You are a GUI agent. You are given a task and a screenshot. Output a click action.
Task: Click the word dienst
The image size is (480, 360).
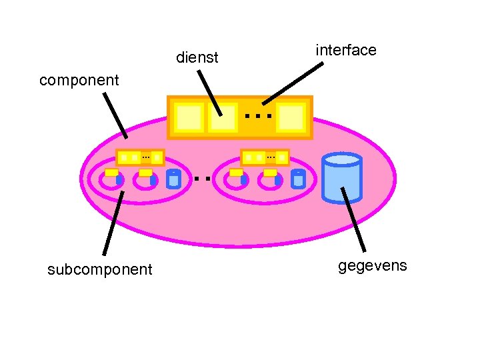[x=197, y=58]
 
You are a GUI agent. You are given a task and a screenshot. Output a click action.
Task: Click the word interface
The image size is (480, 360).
[x=345, y=50]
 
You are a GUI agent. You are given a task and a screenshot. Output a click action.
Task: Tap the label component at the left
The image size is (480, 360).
[x=79, y=81]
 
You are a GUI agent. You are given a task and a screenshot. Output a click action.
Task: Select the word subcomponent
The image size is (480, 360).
[x=100, y=269]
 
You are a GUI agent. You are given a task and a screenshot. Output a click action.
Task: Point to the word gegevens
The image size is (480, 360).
[x=372, y=266]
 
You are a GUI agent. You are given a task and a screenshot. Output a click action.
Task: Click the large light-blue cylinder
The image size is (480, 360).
[x=341, y=177]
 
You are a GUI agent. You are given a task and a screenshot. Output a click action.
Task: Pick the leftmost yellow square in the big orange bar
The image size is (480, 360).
[x=189, y=118]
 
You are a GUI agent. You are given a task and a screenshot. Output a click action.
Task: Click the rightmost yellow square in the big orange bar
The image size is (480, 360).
[x=291, y=118]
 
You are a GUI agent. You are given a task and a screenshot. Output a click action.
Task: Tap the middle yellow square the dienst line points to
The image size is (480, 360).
[x=223, y=118]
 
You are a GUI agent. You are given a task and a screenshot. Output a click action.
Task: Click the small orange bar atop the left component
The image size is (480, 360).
[x=140, y=157]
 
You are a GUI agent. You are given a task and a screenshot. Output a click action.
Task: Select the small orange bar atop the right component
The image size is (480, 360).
[x=265, y=157]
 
